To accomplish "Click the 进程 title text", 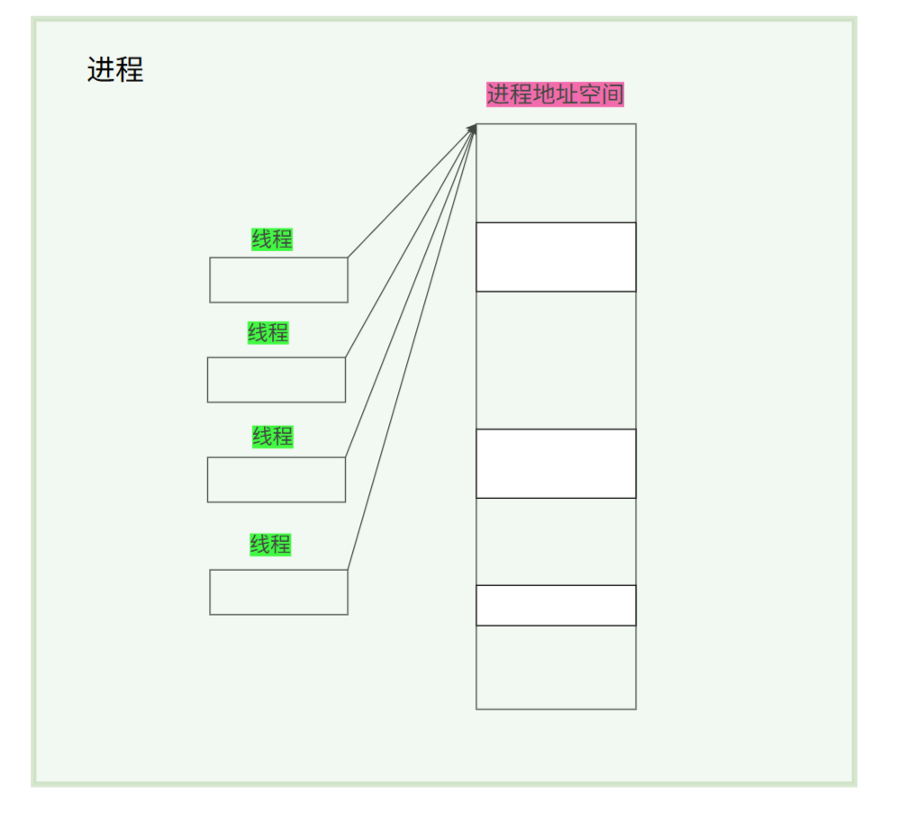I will pos(115,70).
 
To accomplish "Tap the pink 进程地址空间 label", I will pos(555,95).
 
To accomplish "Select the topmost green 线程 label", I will pos(272,239).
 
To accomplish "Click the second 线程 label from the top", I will pos(268,333).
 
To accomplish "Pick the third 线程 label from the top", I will pos(272,437).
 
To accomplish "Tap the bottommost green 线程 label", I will pos(270,545).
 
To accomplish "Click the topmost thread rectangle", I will pos(278,280).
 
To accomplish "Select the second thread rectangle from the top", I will pos(276,380).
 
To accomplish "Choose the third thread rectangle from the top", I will pos(276,480).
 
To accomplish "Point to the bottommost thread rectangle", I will pos(278,592).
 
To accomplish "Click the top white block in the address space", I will pos(556,257).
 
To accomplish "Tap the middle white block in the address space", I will pos(556,463).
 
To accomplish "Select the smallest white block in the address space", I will pos(556,605).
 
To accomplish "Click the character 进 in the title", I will pos(101,70).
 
